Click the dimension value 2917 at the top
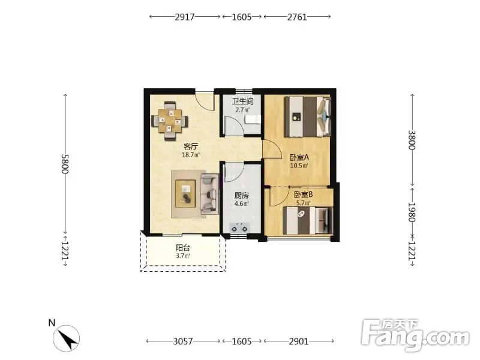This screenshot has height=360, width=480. [185, 17]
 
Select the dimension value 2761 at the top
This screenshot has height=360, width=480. [297, 17]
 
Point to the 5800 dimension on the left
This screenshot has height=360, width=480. [65, 164]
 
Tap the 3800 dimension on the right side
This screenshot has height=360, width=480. [412, 140]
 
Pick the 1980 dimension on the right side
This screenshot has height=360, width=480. [412, 212]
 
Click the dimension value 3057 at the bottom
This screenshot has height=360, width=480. [183, 341]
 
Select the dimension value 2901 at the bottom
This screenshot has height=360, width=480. [299, 341]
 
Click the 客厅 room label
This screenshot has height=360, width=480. [190, 146]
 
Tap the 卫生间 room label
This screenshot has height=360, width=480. [242, 101]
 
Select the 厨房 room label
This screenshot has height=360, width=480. [242, 196]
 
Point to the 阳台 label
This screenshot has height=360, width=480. [183, 247]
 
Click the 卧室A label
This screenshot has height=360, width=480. [299, 158]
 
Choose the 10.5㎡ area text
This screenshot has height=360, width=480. [299, 166]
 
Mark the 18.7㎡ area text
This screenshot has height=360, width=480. [191, 155]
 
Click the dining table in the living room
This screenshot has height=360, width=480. [170, 121]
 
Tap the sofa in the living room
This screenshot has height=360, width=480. [209, 194]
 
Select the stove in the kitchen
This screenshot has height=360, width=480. [239, 229]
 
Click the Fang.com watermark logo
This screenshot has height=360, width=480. [415, 335]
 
